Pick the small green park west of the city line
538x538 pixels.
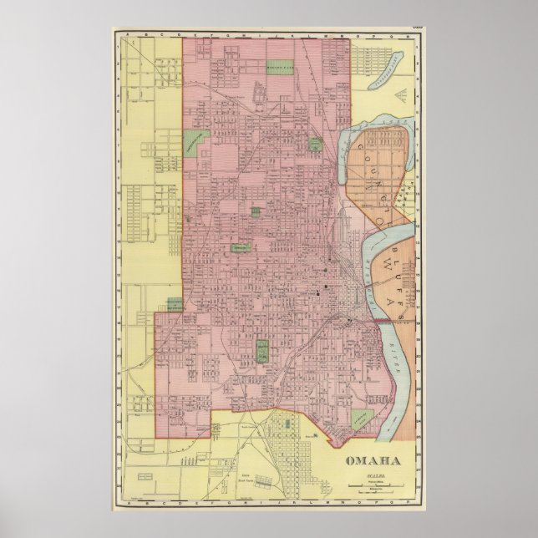(x=174, y=305)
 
